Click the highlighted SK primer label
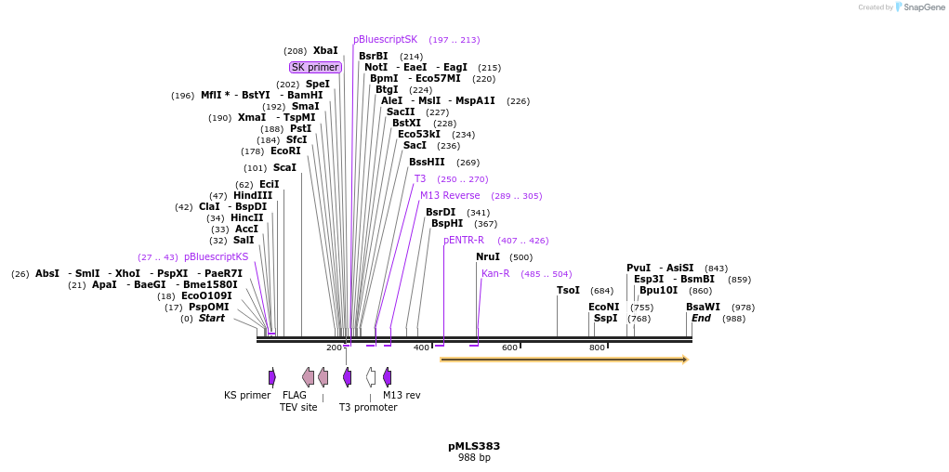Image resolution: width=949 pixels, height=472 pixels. pos(315,67)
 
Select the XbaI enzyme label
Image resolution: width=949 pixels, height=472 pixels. pos(325,51)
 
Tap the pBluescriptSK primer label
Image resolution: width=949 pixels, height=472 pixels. pos(385,40)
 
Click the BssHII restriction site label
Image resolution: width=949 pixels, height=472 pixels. pos(427,163)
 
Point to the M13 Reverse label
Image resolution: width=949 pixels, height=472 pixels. pos(450,196)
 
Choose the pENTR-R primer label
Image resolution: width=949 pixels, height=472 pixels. pos(464,241)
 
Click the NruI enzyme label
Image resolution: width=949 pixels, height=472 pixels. pos(488,257)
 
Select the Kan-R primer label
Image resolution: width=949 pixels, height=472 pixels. pos(495,274)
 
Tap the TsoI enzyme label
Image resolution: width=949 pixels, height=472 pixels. pos(568,291)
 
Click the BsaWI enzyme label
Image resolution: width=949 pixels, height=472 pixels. pos(703,308)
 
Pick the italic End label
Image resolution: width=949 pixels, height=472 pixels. pos(701,319)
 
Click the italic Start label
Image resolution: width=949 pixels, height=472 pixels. pos(212,319)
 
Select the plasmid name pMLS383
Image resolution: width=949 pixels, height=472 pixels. pos(474,446)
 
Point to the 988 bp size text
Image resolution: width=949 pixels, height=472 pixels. pos(474,457)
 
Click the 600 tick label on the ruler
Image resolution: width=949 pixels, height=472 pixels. pos(509,347)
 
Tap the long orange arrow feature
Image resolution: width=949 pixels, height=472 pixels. pos(563,360)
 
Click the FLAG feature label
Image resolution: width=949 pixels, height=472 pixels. pos(295,395)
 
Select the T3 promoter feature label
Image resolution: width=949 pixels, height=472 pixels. pos(368,407)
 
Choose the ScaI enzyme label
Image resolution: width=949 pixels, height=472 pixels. pos(284,168)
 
